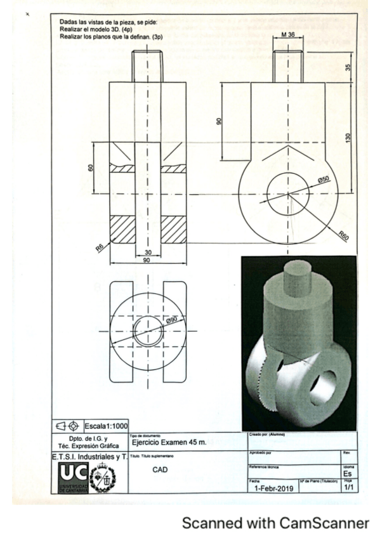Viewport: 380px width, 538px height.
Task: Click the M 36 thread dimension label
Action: point(287,36)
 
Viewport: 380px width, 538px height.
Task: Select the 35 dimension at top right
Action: point(348,66)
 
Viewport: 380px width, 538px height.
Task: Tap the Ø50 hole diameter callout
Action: point(324,180)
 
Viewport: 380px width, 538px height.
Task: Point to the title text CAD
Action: point(160,470)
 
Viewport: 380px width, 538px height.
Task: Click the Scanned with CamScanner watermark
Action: point(275,523)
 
